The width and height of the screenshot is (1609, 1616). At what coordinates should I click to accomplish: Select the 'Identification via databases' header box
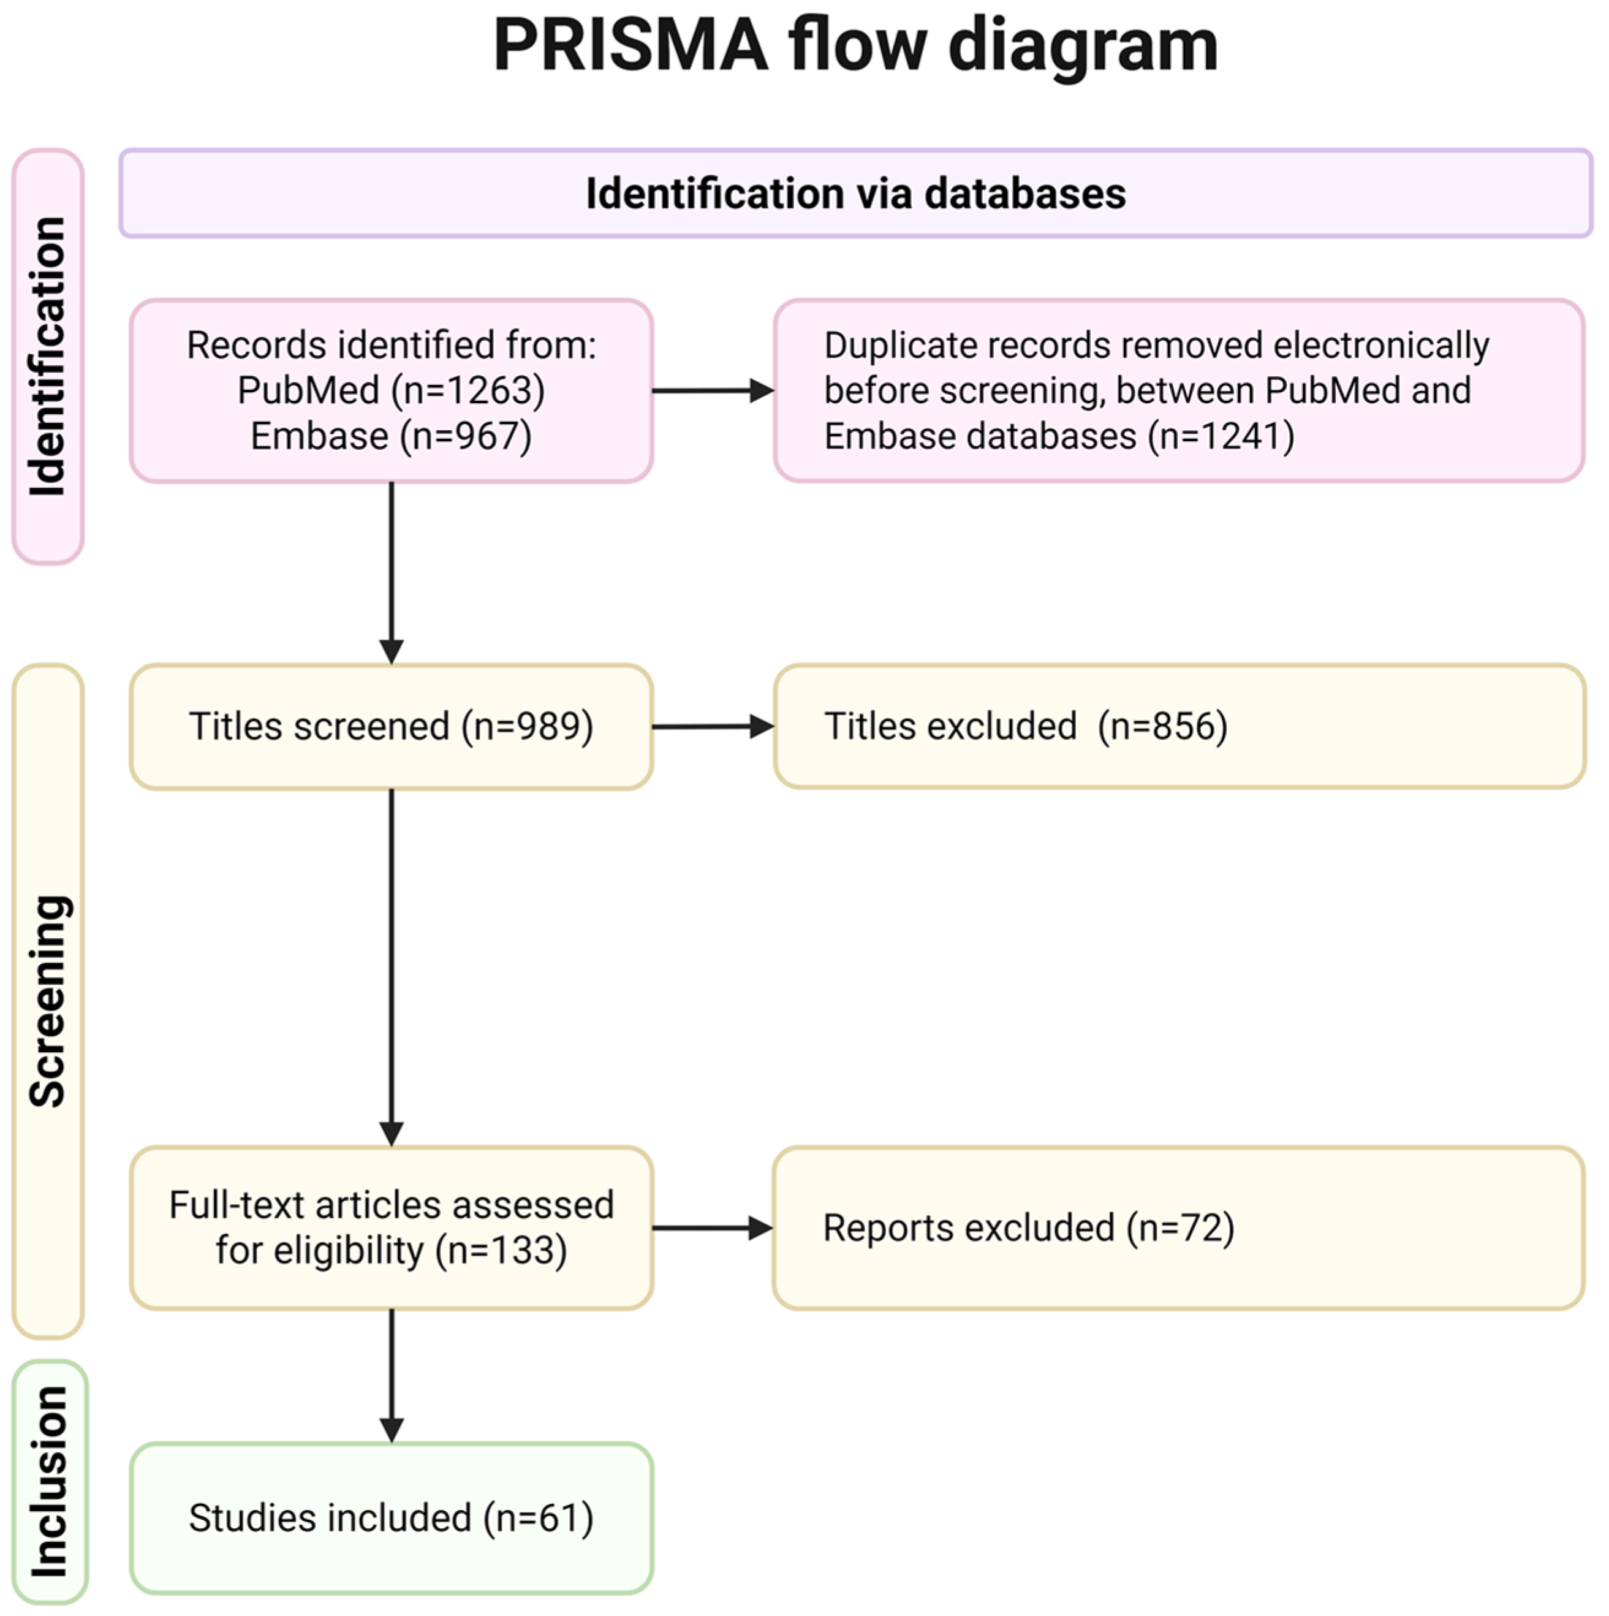pos(855,193)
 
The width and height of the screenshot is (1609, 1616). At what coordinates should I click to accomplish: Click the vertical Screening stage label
pos(48,1001)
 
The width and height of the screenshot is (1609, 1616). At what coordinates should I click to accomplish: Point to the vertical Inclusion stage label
pos(50,1481)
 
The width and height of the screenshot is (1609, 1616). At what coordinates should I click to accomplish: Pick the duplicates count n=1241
pos(1221,436)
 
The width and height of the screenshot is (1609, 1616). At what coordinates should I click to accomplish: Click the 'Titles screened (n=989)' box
pos(390,726)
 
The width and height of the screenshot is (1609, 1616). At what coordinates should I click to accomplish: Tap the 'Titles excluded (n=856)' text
pos(1025,726)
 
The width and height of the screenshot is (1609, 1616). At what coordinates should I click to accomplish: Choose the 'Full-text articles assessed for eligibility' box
pos(390,1227)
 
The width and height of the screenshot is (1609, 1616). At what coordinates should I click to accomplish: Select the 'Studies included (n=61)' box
pos(390,1518)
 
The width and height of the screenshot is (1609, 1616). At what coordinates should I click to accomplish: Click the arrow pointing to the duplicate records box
pos(712,390)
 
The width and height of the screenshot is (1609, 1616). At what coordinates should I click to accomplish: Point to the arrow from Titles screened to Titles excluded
pos(712,727)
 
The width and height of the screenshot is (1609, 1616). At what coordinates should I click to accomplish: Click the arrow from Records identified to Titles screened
pos(392,572)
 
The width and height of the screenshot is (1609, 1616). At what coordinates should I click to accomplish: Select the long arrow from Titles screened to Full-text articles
pos(392,966)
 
